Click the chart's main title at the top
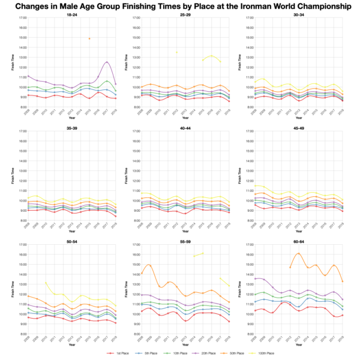click(x=180, y=7)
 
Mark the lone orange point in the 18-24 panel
click(x=89, y=38)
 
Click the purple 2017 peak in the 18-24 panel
click(x=107, y=62)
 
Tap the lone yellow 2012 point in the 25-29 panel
click(x=176, y=52)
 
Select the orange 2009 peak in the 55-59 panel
click(x=149, y=265)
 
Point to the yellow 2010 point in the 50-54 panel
click(x=46, y=282)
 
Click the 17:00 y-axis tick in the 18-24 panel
click(x=22, y=18)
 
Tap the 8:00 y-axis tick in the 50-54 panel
click(x=22, y=334)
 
